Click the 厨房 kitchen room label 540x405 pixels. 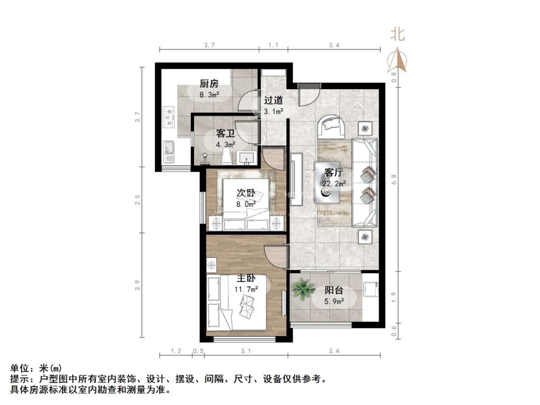tap(209, 84)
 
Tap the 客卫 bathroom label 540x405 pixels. tap(225, 134)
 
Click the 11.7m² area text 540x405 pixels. tap(246, 289)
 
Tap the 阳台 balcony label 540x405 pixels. tap(334, 291)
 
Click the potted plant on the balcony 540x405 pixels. tap(304, 289)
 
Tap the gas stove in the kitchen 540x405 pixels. tap(169, 117)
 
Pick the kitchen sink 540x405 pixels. tap(169, 151)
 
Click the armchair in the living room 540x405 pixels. tap(332, 126)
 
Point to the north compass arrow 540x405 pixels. tap(397, 60)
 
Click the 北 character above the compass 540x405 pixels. tap(397, 35)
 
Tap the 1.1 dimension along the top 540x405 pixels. tap(273, 45)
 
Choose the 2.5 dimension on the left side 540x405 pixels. tap(137, 200)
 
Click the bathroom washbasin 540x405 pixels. tap(246, 158)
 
